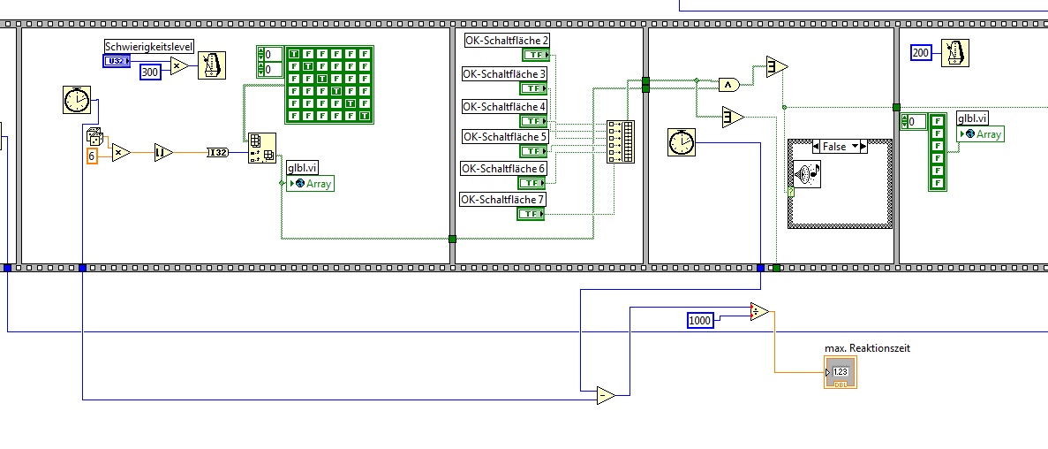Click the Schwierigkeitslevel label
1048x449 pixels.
[x=150, y=47]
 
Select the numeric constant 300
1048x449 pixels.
[x=151, y=72]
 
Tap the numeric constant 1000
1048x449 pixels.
[x=700, y=321]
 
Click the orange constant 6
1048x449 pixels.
[x=94, y=156]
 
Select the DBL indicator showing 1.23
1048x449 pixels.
[x=841, y=372]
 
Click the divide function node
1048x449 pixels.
[x=759, y=312]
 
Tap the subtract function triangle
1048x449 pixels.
[x=606, y=395]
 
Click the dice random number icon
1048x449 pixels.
[x=94, y=137]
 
